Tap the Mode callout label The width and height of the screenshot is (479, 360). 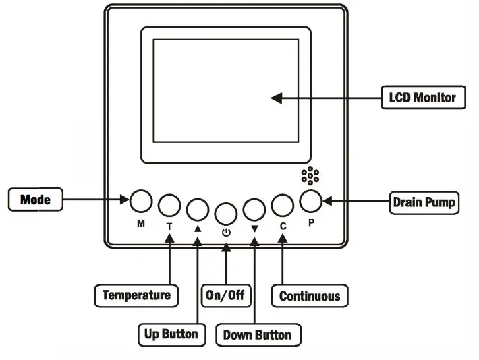36,200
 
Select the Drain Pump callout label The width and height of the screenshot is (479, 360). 424,202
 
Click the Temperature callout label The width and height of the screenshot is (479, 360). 136,295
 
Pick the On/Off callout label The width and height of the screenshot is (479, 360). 225,295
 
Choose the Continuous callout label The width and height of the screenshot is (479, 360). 309,295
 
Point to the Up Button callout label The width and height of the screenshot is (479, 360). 171,333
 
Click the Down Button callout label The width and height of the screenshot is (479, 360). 257,334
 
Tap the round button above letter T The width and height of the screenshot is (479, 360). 169,206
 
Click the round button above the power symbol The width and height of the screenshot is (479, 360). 226,212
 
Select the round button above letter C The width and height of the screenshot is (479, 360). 283,205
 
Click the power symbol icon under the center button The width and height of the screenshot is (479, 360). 226,232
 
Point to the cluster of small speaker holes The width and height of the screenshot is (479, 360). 310,175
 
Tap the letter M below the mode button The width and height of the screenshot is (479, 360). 141,222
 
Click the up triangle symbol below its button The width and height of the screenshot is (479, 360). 198,228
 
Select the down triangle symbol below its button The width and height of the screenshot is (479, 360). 254,228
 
